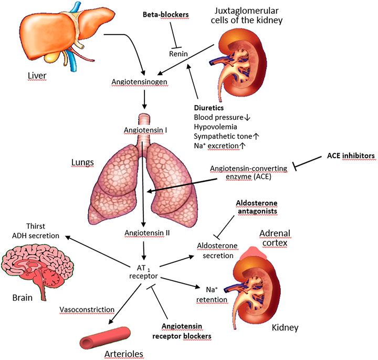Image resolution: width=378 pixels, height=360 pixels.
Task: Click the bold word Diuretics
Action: pos(209,107)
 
